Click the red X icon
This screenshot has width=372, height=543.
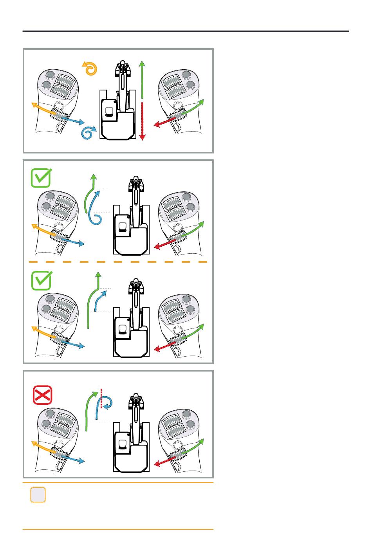coord(42,395)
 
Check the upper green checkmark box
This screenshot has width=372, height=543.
coord(41,178)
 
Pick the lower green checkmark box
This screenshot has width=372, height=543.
coord(41,281)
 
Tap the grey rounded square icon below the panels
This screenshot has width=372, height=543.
coord(38,495)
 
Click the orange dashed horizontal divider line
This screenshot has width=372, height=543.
coord(117,262)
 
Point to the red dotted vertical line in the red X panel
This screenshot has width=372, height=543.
coord(101,399)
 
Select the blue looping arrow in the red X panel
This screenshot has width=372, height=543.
coord(105,403)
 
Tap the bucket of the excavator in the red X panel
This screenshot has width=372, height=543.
coord(136,401)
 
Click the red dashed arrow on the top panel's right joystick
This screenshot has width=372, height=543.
coord(164,122)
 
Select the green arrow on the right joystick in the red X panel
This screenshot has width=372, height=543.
coord(194,447)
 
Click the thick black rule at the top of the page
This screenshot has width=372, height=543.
coord(186,31)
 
